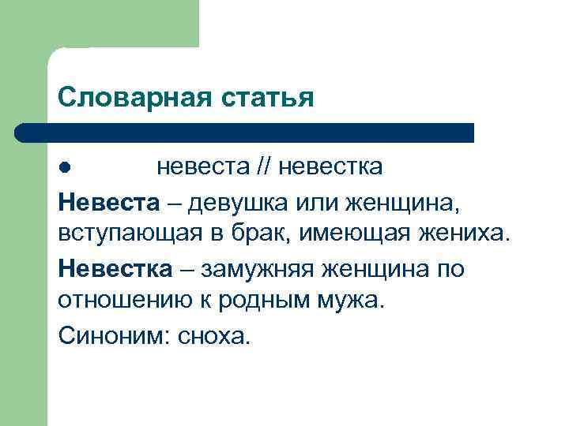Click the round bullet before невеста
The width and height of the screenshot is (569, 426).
65,167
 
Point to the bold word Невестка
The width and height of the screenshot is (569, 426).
115,269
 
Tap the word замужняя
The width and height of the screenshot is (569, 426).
254,269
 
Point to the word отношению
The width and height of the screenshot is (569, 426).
122,303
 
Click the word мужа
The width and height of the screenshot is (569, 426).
352,303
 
